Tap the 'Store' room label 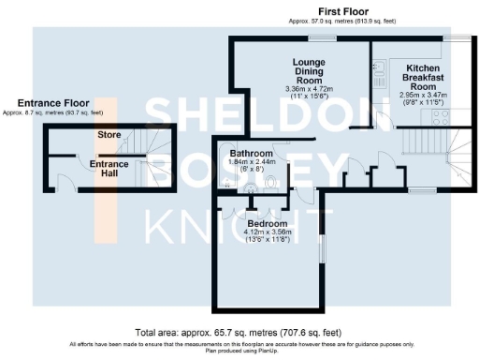coord(109,135)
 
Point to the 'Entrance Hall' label coord(109,169)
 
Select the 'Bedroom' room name coord(268,223)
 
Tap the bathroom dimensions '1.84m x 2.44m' coord(251,162)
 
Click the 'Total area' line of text coord(239,332)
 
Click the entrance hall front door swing coord(63,183)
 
